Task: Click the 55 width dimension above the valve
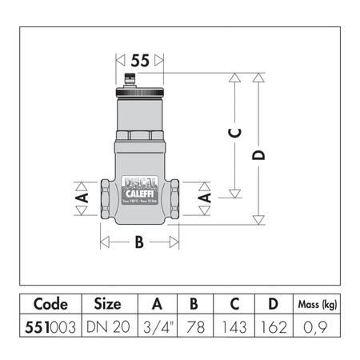coord(141,59)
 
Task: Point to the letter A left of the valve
coord(79,195)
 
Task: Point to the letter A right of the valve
coord(204,195)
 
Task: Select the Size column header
coord(107,304)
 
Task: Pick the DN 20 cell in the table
coord(107,327)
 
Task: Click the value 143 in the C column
coord(233,327)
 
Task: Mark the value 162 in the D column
coord(271,327)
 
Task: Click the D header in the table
coord(271,304)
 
